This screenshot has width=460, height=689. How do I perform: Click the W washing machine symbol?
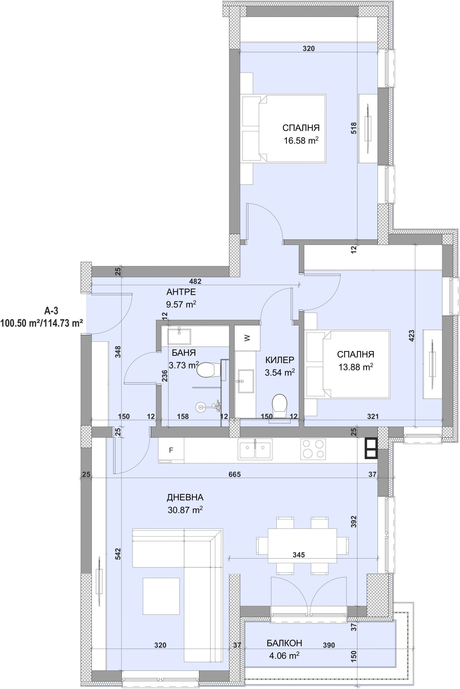247,338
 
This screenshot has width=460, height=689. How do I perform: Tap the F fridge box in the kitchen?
171,450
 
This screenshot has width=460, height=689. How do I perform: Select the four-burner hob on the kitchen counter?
313,449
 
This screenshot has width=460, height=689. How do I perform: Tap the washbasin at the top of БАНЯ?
179,336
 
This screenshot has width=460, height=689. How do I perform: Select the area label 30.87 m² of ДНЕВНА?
185,510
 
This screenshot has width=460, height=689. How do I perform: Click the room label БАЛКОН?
284,643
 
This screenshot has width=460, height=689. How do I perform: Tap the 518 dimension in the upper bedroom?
354,128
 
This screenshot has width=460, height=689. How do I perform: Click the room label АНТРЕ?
181,292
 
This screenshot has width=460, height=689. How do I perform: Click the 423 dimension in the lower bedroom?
411,336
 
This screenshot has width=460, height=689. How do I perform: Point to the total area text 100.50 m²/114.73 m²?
41,323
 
